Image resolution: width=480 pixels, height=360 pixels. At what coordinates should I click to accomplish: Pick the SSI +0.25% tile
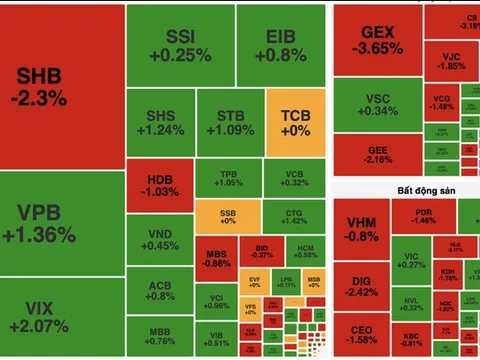(x=180, y=45)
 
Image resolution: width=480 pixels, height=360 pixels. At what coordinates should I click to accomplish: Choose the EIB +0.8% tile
(x=280, y=45)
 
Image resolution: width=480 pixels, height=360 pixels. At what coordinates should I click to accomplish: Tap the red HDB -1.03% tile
(x=157, y=184)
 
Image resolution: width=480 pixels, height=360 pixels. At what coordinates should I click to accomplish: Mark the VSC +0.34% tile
(x=377, y=104)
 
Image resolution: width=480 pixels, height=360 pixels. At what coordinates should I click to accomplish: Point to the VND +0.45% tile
(x=159, y=240)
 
